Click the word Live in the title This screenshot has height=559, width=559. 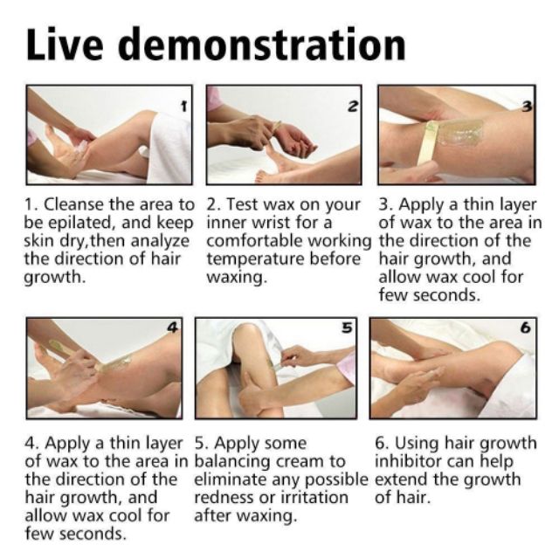pos(65,44)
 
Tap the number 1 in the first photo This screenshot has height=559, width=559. pos(183,106)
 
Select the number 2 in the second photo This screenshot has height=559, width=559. pos(352,106)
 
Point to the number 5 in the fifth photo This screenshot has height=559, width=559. pos(347,328)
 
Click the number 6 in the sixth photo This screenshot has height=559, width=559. pos(526,328)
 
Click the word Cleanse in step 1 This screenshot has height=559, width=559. pos(74,204)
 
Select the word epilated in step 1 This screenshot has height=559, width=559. pos(81,224)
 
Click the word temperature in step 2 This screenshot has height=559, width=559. pos(255,259)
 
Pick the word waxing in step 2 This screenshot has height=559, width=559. pos(237,277)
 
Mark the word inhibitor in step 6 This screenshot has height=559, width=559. pos(407,461)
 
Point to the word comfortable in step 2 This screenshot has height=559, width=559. pos(254,241)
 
